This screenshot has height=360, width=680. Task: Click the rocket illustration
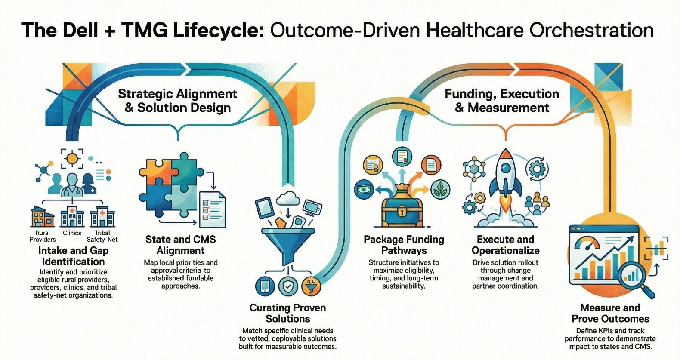(506, 181)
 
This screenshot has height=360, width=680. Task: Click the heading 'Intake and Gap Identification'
(74, 256)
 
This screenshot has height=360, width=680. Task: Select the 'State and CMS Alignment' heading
(180, 245)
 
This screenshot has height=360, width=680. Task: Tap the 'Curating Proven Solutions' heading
(287, 313)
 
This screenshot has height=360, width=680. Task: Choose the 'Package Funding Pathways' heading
(404, 245)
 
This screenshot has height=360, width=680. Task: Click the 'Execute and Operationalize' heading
(505, 245)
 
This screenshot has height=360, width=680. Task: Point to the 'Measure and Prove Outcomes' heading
(610, 313)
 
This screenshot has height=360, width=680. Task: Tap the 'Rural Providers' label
(43, 236)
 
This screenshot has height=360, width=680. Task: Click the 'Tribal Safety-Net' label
(102, 236)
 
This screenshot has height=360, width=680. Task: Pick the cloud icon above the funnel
(288, 198)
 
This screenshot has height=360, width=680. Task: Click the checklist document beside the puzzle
(212, 209)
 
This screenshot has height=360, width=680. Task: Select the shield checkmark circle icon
(287, 286)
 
